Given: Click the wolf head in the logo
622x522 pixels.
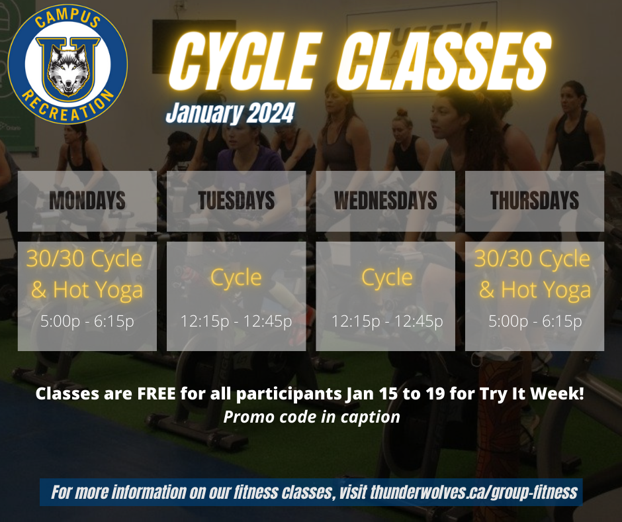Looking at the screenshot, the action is [68, 70].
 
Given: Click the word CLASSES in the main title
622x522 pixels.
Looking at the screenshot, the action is [444, 61].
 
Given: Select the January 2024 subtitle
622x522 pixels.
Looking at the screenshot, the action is [230, 113].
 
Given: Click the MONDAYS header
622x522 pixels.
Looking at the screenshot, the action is [87, 200].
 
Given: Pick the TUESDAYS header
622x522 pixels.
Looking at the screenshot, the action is [236, 200].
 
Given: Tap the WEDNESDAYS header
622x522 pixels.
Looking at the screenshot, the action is [386, 200].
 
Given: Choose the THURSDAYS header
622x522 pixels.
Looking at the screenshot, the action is [535, 200].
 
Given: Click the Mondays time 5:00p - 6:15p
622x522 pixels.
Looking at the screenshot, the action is [87, 321].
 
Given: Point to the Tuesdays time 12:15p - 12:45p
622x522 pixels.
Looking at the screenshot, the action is [236, 321].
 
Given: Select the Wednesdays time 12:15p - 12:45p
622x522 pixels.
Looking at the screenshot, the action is [387, 321].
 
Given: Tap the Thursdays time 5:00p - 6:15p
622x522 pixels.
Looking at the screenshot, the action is [535, 321].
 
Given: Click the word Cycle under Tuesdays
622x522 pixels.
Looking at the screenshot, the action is [236, 278].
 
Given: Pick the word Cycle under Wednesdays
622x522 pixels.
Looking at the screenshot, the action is [387, 278].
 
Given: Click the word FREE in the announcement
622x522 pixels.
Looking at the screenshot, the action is [156, 393].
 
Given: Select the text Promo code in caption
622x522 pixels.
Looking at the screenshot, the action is [312, 417].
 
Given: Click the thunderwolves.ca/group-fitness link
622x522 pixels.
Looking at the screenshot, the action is [474, 492].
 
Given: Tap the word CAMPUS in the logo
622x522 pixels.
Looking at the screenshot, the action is [67, 19].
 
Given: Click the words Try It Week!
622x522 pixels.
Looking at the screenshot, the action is [531, 393].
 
